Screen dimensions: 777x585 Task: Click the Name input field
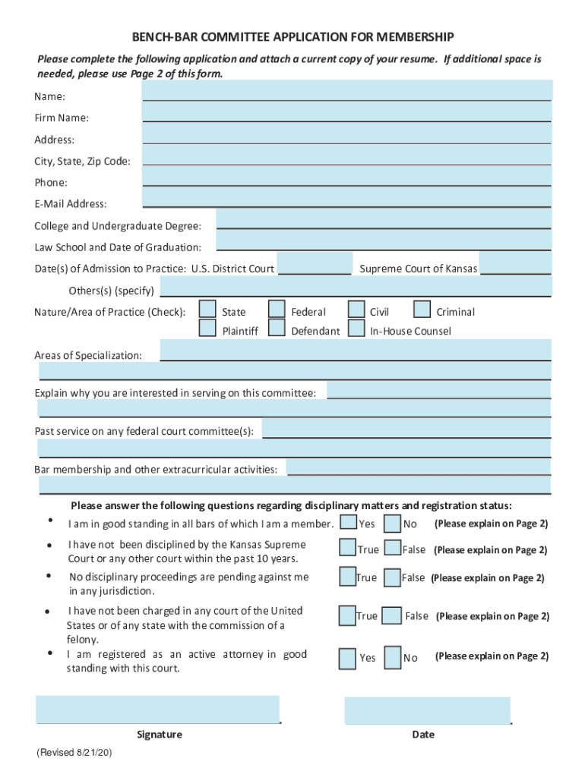pyautogui.click(x=346, y=90)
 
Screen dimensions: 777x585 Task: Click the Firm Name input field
pyautogui.click(x=346, y=112)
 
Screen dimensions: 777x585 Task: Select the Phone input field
pyautogui.click(x=346, y=177)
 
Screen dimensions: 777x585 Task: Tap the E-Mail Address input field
pyautogui.click(x=346, y=198)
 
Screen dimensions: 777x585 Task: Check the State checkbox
pyautogui.click(x=207, y=309)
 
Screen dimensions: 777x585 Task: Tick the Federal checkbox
pyautogui.click(x=277, y=309)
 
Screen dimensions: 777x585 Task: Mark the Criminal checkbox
pyautogui.click(x=422, y=309)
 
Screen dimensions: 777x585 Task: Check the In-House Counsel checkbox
pyautogui.click(x=356, y=329)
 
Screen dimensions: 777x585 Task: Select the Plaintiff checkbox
pyautogui.click(x=207, y=329)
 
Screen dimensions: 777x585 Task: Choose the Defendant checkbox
pyautogui.click(x=277, y=329)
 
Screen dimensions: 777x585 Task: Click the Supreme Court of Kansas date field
pyautogui.click(x=516, y=263)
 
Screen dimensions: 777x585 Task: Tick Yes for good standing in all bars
pyautogui.click(x=349, y=523)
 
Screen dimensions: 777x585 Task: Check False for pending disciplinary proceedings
pyautogui.click(x=392, y=577)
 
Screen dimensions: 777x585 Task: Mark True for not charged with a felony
pyautogui.click(x=346, y=615)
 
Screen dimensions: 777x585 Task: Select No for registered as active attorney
pyautogui.click(x=393, y=656)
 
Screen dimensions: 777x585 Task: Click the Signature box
pyautogui.click(x=158, y=709)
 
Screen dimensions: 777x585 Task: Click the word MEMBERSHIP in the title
pyautogui.click(x=409, y=36)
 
